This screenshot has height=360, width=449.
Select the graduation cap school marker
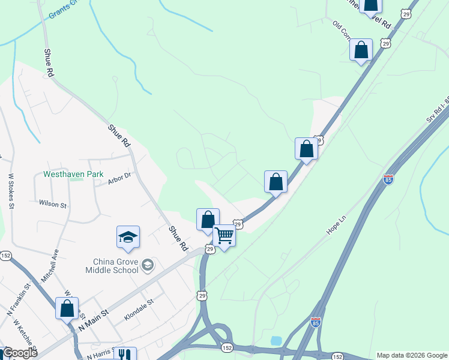pyautogui.click(x=128, y=238)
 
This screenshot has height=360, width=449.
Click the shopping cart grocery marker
pyautogui.click(x=224, y=236)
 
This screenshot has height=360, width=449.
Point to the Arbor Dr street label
pyautogui.click(x=119, y=179)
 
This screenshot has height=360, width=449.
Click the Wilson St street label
pyautogui.click(x=53, y=204)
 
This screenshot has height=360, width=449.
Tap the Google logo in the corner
pyautogui.click(x=20, y=353)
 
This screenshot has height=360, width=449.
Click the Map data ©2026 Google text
pyautogui.click(x=412, y=355)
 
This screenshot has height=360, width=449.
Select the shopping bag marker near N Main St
pyautogui.click(x=67, y=308)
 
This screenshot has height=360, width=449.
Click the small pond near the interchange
pyautogui.click(x=276, y=341)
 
